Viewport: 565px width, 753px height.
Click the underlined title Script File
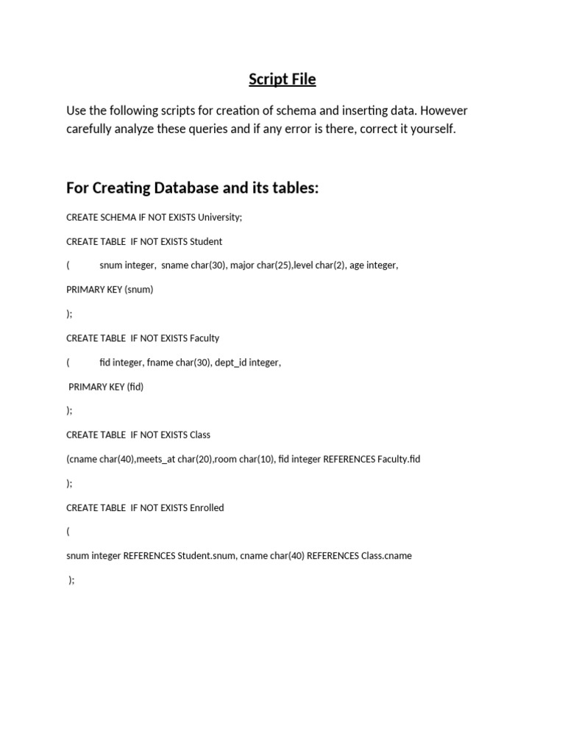pyautogui.click(x=282, y=79)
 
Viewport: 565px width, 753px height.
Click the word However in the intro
pyautogui.click(x=444, y=111)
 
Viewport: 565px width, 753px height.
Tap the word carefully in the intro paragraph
pyautogui.click(x=90, y=129)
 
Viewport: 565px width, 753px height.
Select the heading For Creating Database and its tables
pyautogui.click(x=192, y=188)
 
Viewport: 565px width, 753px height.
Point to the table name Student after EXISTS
pyautogui.click(x=206, y=242)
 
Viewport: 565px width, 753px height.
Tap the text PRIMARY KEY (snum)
pyautogui.click(x=110, y=290)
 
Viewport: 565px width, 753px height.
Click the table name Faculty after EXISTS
pyautogui.click(x=205, y=338)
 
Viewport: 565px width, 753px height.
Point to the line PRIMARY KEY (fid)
pyautogui.click(x=106, y=387)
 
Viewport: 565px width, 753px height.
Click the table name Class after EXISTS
pyautogui.click(x=200, y=435)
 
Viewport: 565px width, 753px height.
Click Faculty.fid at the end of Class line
pyautogui.click(x=399, y=460)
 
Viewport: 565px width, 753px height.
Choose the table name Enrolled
pyautogui.click(x=207, y=508)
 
